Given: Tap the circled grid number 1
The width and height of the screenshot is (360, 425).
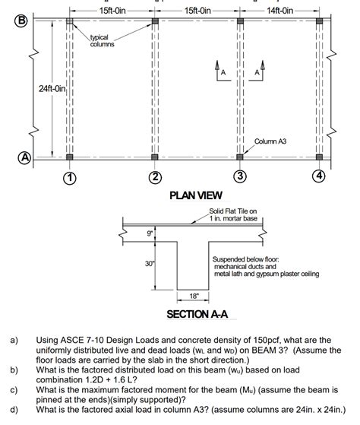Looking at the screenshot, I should point(69,178).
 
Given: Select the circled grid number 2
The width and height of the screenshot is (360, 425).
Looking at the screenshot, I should point(155,178).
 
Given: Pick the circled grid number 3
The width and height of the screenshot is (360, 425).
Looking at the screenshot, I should point(240,178).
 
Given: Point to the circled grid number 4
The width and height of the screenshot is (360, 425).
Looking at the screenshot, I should point(321,178).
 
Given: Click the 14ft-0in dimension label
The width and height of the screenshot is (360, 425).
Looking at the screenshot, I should point(282,10).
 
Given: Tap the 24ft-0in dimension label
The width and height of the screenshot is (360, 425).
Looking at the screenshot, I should point(54,90).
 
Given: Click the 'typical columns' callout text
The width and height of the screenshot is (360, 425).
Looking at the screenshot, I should point(103,40).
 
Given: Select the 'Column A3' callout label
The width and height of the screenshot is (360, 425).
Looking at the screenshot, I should point(271,141).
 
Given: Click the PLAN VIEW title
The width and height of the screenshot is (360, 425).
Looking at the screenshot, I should point(195,196).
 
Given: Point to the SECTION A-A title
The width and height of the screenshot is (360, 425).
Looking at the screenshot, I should point(197,314).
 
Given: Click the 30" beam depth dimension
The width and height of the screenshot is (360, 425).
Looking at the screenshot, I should point(150,264).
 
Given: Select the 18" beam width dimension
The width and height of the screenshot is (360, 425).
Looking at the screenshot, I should point(193,295).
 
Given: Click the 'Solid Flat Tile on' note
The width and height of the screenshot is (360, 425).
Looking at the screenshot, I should point(233,211).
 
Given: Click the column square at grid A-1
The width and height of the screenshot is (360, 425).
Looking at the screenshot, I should point(69,157).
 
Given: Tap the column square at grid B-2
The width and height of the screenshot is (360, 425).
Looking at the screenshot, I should point(155,21).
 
